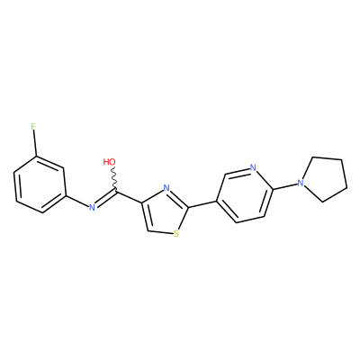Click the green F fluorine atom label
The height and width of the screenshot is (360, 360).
33,127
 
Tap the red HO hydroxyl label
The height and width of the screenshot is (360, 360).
109,162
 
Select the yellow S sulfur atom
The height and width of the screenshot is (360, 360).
176,234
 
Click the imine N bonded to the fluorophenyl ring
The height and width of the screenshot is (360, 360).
92,207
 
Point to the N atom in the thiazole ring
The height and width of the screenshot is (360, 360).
166,188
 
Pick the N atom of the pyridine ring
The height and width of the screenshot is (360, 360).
253,167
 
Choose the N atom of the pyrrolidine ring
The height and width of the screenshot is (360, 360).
301,182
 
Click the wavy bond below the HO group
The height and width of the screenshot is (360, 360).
114,178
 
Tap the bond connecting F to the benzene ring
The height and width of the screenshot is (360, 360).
35,143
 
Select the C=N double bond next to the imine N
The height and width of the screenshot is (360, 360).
105,198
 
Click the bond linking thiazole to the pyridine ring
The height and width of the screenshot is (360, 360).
202,203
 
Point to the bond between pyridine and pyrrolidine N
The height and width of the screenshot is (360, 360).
285,186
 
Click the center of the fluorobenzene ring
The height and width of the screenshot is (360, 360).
40,184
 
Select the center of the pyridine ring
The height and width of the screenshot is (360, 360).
245,196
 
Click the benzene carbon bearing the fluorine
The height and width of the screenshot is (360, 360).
37,157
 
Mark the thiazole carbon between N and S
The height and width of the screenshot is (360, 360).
188,207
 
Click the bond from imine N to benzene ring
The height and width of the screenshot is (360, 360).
76,201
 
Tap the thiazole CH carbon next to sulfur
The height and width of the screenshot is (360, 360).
148,230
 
